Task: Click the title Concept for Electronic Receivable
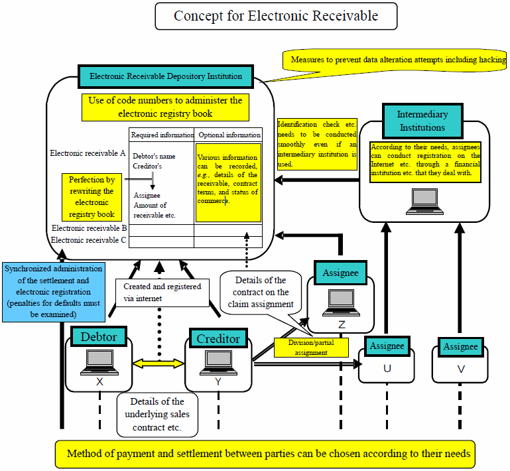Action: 276,16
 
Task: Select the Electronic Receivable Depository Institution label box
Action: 166,76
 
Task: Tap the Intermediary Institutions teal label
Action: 422,121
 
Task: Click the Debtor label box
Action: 99,336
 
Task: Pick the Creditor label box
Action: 218,338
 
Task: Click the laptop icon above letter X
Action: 99,362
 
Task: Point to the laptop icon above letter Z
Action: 341,303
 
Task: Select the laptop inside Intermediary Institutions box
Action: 425,202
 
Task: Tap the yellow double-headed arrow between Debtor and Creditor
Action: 159,364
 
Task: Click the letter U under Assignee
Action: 387,369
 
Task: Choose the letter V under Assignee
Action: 461,370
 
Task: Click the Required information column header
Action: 162,135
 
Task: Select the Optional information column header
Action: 229,135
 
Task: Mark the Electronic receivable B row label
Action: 89,228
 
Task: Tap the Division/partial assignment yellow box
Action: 311,348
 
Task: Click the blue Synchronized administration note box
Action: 54,292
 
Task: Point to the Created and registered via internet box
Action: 162,293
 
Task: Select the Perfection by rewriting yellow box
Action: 92,197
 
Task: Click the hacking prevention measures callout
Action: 394,60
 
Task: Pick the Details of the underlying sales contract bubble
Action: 157,415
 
